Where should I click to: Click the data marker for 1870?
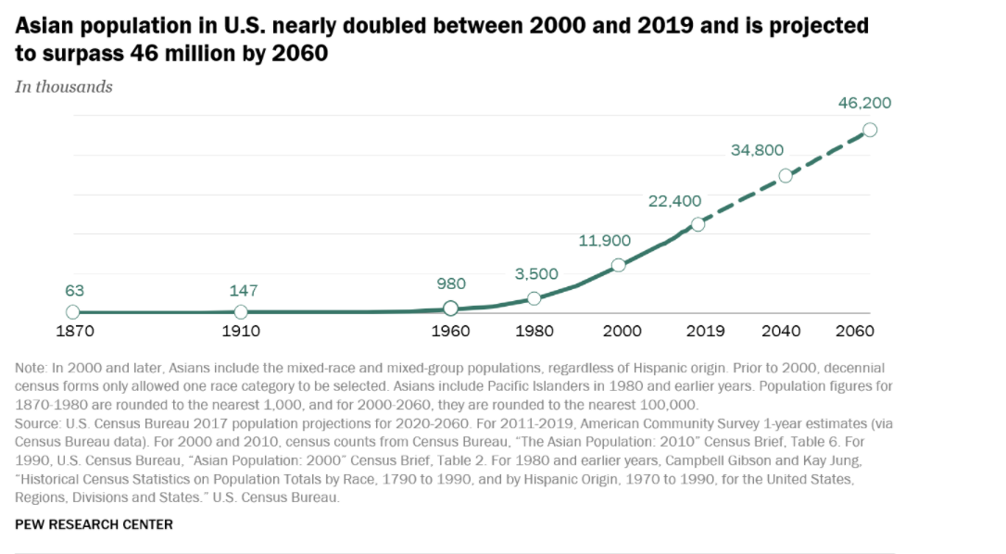click(x=73, y=312)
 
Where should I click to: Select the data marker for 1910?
click(x=241, y=312)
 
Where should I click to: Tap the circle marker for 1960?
click(x=450, y=308)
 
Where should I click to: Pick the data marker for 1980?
click(x=534, y=298)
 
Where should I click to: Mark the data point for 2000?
click(x=619, y=265)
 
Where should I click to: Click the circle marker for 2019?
click(x=698, y=224)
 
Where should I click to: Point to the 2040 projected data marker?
click(x=785, y=175)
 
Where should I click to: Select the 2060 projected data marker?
click(x=870, y=130)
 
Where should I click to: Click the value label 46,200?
click(x=864, y=103)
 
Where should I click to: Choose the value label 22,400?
click(x=674, y=200)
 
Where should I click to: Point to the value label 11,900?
click(x=604, y=241)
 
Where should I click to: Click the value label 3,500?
click(x=537, y=274)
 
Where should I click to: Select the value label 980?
click(x=451, y=283)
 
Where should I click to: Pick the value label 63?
click(x=73, y=290)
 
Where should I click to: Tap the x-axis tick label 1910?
click(x=241, y=332)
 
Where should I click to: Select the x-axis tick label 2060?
click(x=870, y=332)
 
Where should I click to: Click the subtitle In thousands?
click(x=64, y=86)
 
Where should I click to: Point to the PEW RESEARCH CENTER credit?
click(x=94, y=524)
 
